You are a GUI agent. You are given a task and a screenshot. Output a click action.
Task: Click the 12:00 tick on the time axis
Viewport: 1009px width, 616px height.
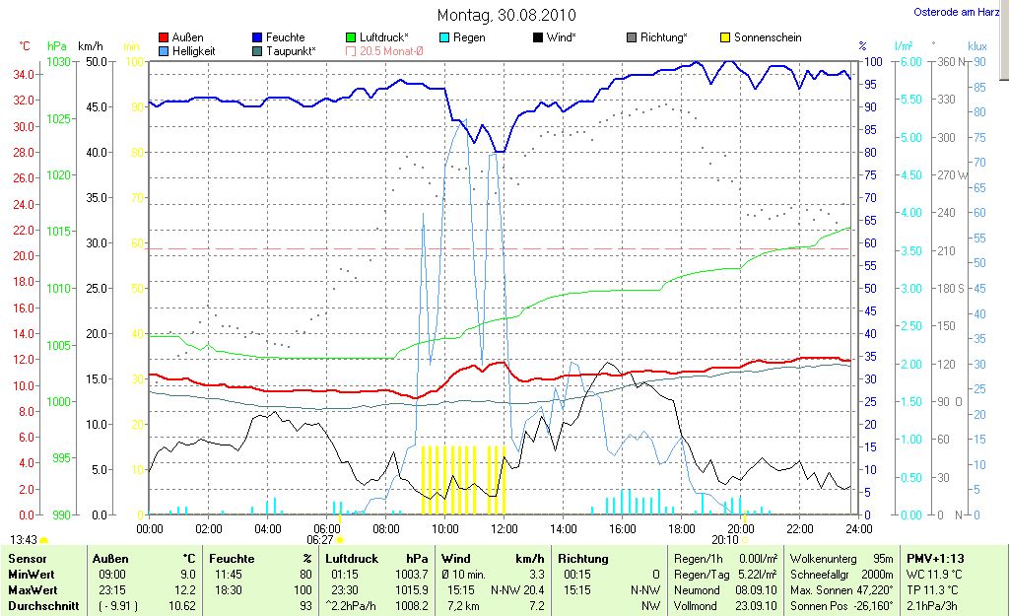coord(504,528)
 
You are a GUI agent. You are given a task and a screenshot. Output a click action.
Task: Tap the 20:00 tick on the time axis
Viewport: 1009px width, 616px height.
coord(741,528)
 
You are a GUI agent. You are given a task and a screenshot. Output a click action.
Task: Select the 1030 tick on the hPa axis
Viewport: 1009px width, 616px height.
coord(59,62)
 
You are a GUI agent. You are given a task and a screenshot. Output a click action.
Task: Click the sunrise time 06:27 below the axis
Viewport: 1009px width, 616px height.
coord(319,540)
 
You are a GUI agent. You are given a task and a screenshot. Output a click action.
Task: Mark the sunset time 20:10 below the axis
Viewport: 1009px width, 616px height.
coord(724,540)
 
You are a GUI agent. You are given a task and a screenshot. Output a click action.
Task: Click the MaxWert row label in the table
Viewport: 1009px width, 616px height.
coord(33,590)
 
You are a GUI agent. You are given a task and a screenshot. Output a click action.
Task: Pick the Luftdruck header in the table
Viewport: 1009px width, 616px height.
coord(352,558)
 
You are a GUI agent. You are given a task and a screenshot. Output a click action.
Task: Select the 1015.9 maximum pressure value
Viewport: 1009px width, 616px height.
coord(411,590)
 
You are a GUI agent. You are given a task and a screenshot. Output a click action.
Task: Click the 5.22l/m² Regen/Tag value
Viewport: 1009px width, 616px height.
coord(755,575)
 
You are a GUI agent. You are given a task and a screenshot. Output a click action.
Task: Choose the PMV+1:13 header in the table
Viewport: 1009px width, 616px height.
coord(934,558)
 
